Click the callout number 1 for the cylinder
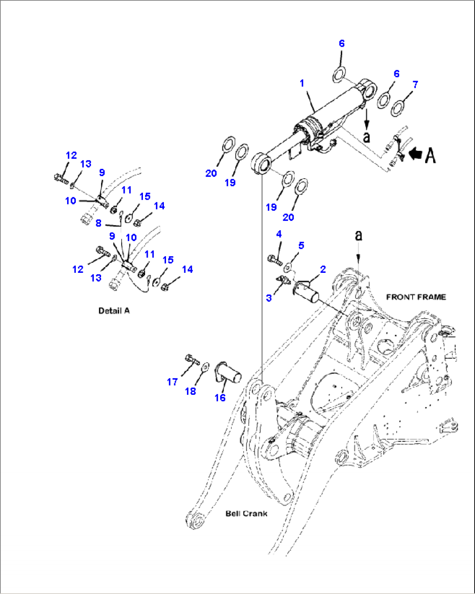coord(302,83)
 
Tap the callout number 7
coord(415,85)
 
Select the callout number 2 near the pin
coord(323,269)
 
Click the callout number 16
coord(220,398)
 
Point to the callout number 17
coord(172,382)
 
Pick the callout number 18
coord(190,391)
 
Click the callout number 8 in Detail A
coord(98,223)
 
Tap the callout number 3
coord(269,298)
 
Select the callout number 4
coord(279,234)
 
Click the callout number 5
coord(301,245)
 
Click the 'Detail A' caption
coord(114,311)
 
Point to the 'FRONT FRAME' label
coord(416,297)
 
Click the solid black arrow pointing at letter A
coord(416,154)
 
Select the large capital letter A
coord(431,155)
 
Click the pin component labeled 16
coord(228,372)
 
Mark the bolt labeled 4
coord(275,260)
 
